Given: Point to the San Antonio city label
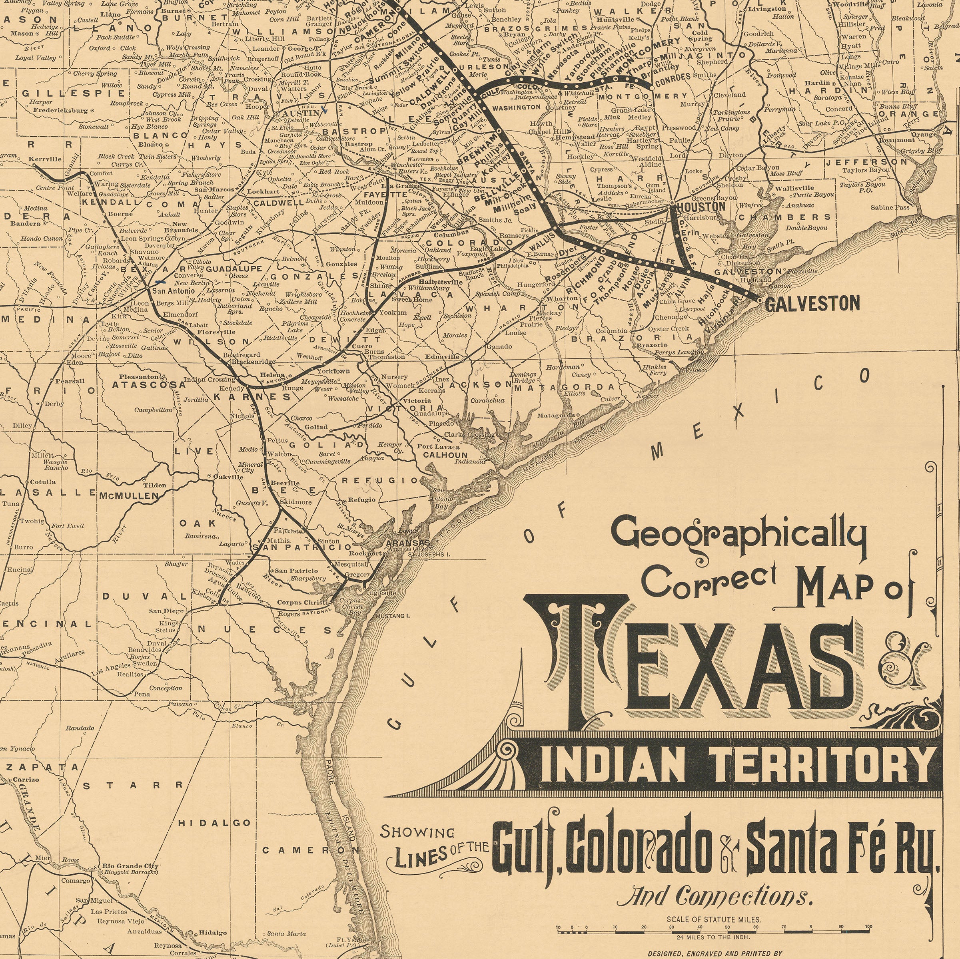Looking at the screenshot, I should [x=174, y=290].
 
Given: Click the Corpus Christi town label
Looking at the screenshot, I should [x=303, y=603].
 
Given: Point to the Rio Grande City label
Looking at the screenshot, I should [x=130, y=865].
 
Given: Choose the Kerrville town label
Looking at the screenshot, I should [x=45, y=159].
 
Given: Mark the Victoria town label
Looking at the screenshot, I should [x=416, y=400].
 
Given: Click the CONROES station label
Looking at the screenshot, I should [x=673, y=77].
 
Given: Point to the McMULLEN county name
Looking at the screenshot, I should [x=129, y=495].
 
